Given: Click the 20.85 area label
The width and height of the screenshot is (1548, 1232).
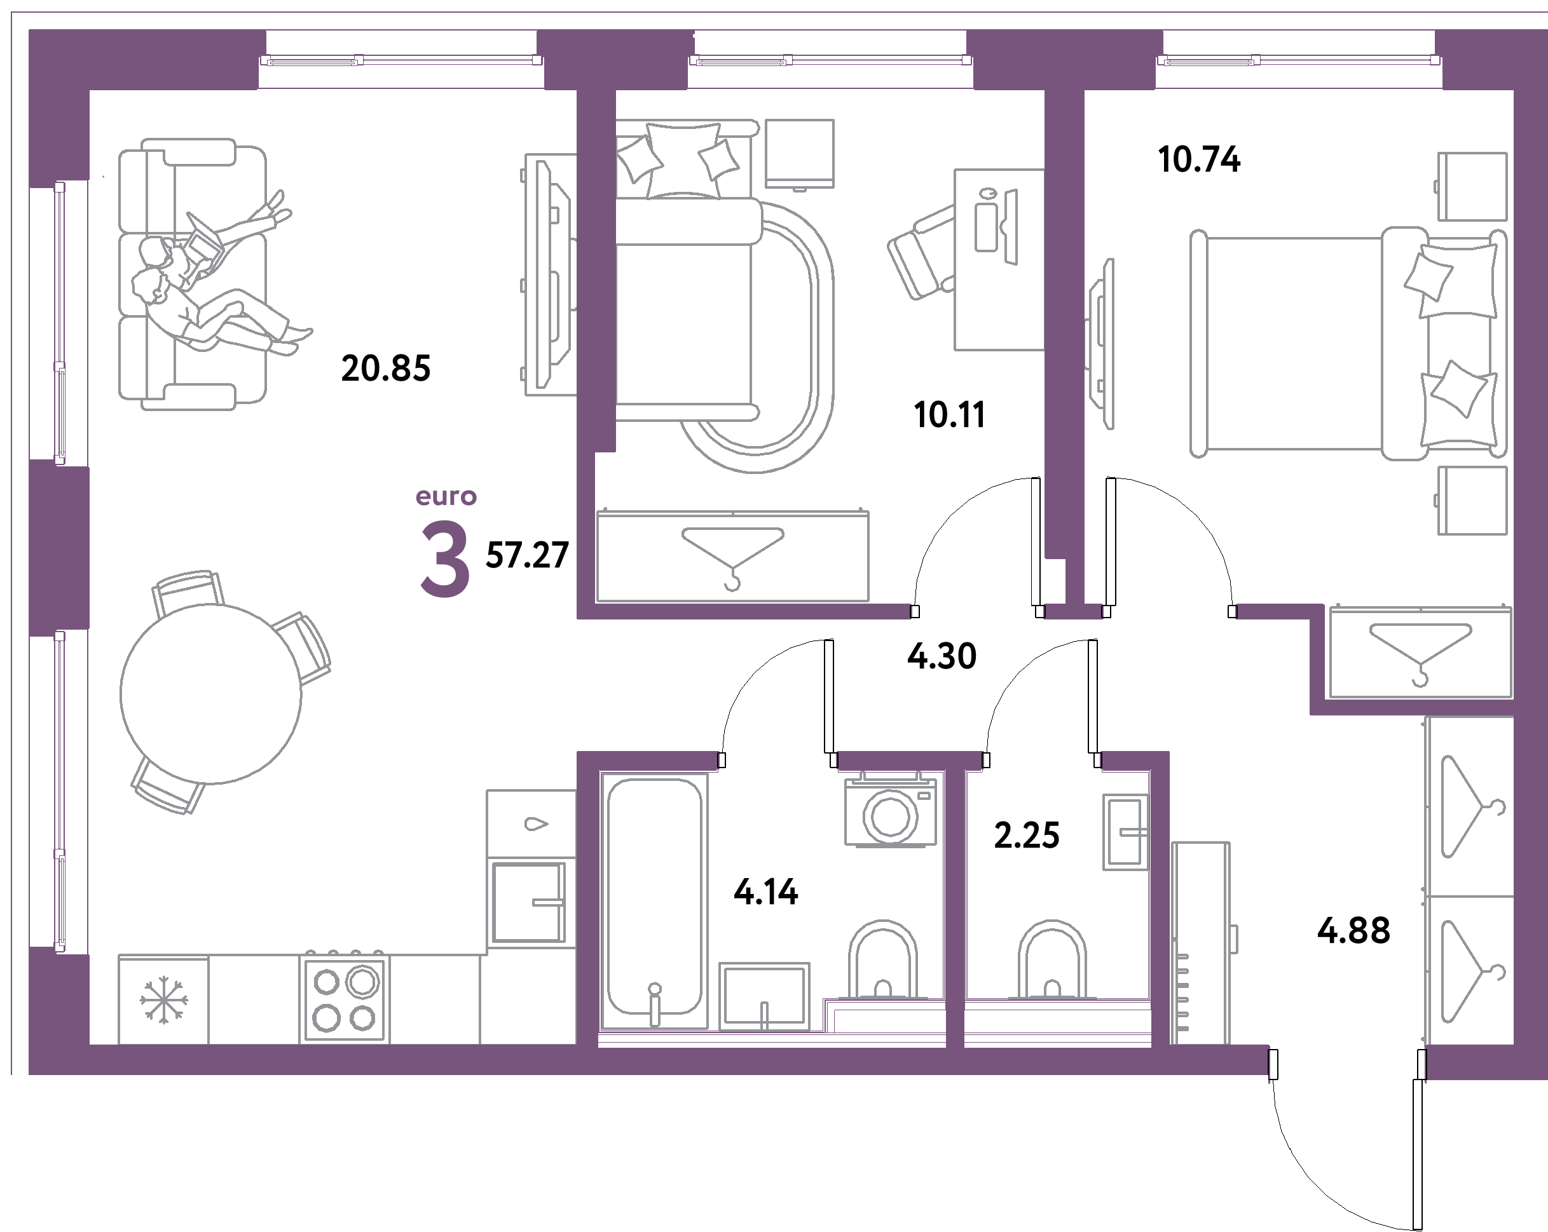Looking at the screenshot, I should [385, 368].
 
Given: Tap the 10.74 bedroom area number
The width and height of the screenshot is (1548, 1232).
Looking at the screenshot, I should [1199, 159].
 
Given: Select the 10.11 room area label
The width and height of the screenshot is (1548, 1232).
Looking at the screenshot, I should [949, 415].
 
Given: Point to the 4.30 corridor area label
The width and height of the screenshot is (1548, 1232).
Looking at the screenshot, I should [942, 656].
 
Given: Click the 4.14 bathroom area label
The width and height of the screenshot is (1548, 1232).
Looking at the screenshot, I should [765, 892].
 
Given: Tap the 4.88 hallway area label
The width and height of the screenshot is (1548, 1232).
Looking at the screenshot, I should [1353, 931].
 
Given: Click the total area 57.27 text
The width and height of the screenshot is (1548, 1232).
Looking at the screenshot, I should [528, 555].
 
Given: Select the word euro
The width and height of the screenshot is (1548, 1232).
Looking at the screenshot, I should [446, 496].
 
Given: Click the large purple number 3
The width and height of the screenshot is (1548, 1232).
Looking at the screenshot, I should [444, 560].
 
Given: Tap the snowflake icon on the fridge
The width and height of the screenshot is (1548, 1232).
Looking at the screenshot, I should [164, 999].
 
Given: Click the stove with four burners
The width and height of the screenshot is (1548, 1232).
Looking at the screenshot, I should [345, 999].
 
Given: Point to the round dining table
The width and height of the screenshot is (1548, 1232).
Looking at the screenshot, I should [210, 693].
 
